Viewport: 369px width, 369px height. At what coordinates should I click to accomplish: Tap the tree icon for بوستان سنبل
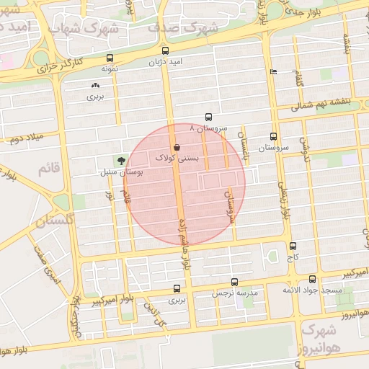[120, 161]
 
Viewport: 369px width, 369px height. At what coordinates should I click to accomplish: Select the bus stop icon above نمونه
[109, 58]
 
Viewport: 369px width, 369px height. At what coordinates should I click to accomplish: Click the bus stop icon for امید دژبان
[166, 51]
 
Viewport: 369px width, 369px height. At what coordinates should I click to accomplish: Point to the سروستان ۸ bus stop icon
[208, 117]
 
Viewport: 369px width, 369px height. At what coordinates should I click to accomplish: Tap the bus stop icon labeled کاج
[292, 246]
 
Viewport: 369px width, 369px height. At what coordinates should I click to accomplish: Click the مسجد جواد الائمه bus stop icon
[312, 279]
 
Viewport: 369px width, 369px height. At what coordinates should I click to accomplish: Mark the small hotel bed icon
[272, 72]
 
